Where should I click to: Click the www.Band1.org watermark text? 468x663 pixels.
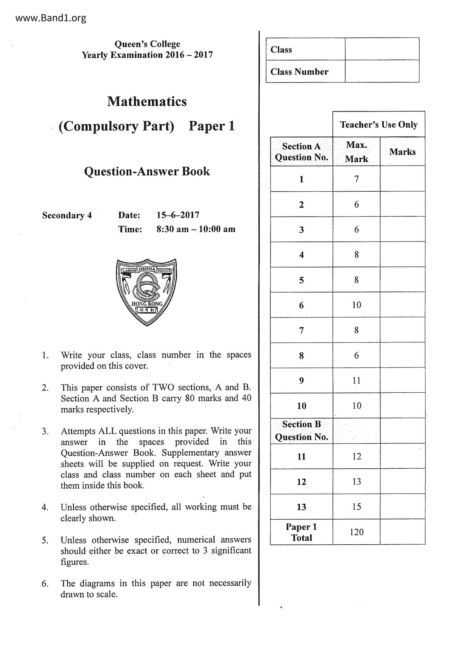point(51,18)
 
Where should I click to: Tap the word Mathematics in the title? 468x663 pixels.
point(147,101)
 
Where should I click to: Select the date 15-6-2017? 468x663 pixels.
point(178,215)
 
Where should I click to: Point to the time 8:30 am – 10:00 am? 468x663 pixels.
point(196,229)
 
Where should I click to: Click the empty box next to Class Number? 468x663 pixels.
point(382,71)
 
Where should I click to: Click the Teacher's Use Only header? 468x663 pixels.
point(379,125)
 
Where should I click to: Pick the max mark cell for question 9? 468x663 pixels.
point(356,381)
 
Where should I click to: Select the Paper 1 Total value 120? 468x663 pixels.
point(356,532)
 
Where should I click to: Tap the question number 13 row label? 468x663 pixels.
point(301,507)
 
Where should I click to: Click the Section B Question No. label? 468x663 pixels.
point(301,431)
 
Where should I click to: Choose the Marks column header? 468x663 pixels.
point(402,152)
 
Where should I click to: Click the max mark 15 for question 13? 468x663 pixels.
point(356,507)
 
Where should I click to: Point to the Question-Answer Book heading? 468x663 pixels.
point(147,171)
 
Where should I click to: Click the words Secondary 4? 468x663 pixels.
point(67,215)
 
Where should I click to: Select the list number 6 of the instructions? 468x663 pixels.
point(45,584)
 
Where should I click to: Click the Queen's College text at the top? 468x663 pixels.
point(147,44)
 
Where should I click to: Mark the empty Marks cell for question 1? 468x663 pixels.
point(402,179)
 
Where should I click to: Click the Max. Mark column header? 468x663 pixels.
point(356,152)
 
